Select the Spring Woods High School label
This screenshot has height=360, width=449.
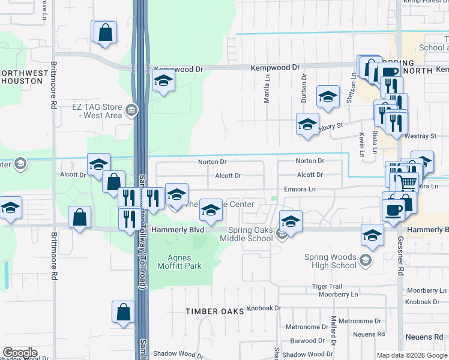(330, 261)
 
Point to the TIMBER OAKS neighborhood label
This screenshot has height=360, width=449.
(215, 311)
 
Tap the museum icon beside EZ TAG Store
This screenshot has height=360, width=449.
(131, 110)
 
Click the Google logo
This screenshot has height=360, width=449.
(20, 353)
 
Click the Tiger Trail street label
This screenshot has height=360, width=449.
(327, 287)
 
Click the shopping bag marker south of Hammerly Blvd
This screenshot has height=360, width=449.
(123, 313)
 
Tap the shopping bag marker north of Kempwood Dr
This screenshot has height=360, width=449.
(105, 32)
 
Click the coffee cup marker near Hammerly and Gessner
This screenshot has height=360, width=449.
(393, 211)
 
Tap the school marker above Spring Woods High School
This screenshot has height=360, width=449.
(372, 235)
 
